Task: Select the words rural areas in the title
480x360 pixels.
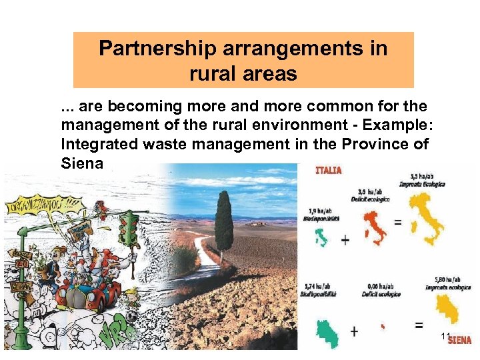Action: point(243,73)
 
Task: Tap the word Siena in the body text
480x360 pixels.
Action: point(82,163)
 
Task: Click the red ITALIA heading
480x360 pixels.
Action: point(328,170)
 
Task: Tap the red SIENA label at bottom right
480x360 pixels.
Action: point(459,341)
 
